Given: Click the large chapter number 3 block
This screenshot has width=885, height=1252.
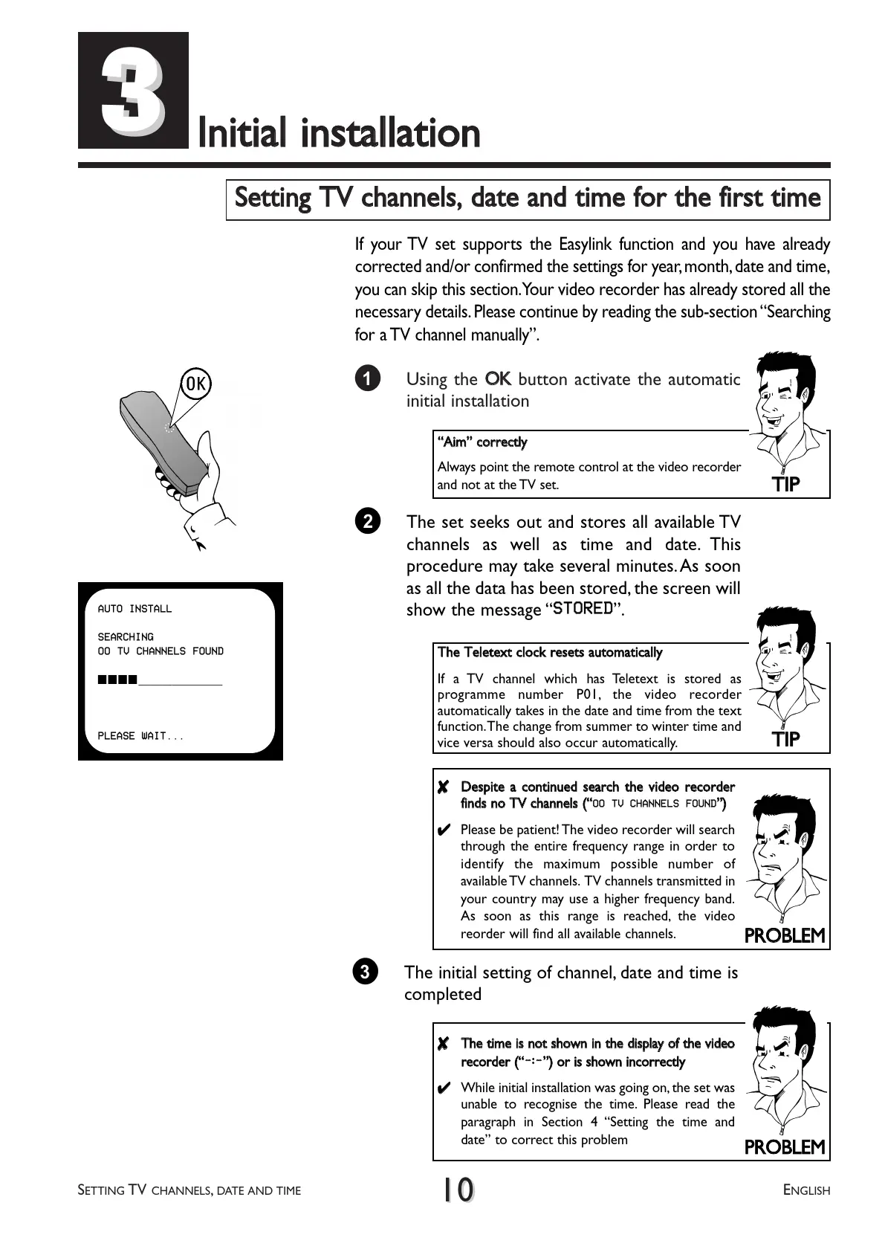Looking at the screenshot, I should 133,90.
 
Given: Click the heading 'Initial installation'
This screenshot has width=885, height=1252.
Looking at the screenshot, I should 339,134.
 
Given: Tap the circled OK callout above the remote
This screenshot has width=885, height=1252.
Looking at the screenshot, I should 196,384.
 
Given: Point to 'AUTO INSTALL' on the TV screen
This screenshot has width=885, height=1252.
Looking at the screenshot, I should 134,609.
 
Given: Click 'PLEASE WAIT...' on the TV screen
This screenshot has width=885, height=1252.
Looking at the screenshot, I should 140,736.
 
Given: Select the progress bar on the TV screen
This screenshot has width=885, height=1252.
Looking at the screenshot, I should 160,680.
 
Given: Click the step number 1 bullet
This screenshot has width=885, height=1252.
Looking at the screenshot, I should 367,378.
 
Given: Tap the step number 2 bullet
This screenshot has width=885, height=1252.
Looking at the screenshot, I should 367,521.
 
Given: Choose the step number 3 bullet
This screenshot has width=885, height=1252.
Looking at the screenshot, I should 365,972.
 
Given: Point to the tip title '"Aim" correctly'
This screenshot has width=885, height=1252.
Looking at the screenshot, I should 482,442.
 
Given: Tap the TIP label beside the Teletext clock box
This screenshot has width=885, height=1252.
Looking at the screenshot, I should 785,739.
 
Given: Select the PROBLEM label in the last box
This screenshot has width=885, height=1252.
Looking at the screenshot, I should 785,1147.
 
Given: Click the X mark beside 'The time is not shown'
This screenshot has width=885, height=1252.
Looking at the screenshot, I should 443,1045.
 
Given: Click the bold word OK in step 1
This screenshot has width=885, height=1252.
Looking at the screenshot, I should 498,379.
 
